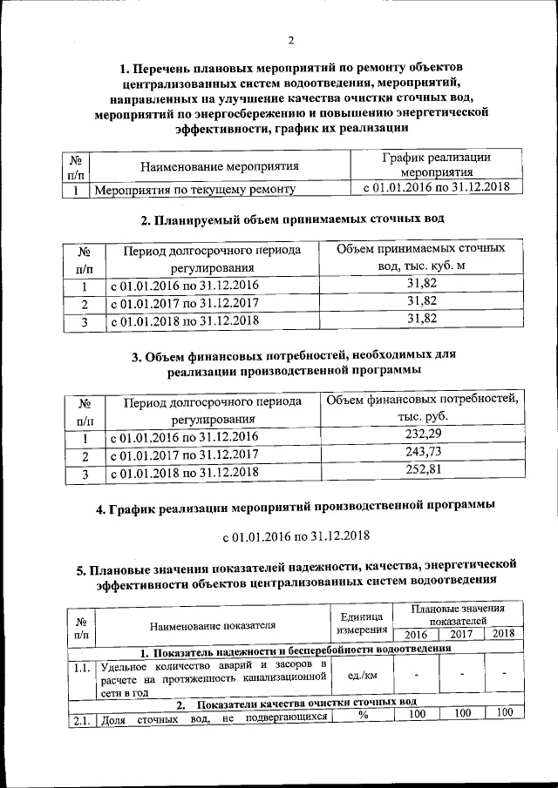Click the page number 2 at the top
291,39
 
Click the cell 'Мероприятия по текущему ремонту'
194,188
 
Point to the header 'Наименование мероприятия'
220,165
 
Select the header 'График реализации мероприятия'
425,165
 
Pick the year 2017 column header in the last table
461,633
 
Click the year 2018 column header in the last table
503,633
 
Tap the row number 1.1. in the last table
81,668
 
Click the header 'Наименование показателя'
212,624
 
